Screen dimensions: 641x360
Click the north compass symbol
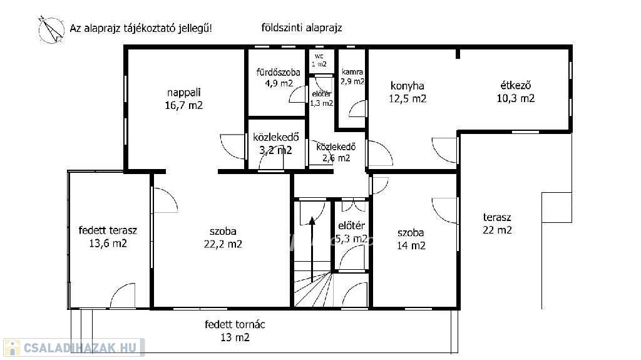pyautogui.click(x=51, y=29)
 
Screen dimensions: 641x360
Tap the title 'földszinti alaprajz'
pyautogui.click(x=302, y=28)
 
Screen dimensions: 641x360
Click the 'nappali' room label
pyautogui.click(x=184, y=93)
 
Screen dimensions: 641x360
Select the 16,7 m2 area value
pyautogui.click(x=184, y=106)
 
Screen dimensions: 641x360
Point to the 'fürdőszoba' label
pyautogui.click(x=279, y=73)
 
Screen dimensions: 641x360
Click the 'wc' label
pyautogui.click(x=319, y=56)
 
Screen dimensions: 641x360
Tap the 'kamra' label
pyautogui.click(x=352, y=71)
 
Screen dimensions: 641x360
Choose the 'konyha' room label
pyautogui.click(x=407, y=86)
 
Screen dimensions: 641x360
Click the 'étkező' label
pyautogui.click(x=516, y=86)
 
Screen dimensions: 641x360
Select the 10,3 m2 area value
pyautogui.click(x=516, y=98)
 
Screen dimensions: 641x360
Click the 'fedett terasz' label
pyautogui.click(x=108, y=230)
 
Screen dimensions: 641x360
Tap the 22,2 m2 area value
pyautogui.click(x=223, y=244)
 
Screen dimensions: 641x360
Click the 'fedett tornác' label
pyautogui.click(x=235, y=325)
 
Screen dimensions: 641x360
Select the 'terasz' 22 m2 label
pyautogui.click(x=497, y=224)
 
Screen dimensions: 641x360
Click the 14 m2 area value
pyautogui.click(x=411, y=245)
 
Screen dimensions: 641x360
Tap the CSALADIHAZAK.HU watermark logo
pyautogui.click(x=74, y=347)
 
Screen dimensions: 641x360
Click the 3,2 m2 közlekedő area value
pyautogui.click(x=276, y=150)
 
